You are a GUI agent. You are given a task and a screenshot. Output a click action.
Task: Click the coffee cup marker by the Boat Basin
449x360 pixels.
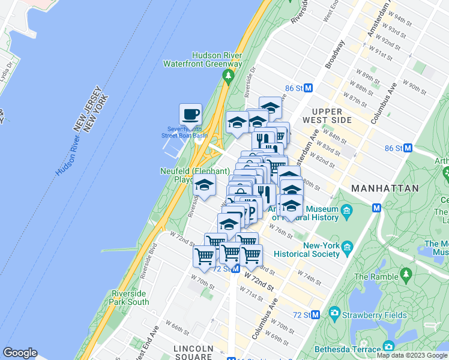[x=190, y=113]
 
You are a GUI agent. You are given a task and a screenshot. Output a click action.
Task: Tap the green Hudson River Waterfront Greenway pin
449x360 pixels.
[x=228, y=76]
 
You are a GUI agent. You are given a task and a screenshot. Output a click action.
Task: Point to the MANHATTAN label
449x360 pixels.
[x=385, y=188]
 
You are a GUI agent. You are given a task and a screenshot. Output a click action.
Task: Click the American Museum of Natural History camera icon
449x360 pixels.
[x=346, y=211]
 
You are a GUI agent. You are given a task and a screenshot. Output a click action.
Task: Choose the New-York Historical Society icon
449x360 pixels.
[x=346, y=247]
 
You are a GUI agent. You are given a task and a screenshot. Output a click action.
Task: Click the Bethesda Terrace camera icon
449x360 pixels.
[x=389, y=347]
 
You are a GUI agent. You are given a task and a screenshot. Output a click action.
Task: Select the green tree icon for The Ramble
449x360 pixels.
[x=406, y=276]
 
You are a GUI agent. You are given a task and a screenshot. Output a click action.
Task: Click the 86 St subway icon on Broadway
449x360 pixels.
[x=309, y=88]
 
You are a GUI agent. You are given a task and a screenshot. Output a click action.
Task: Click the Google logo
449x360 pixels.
[x=20, y=353]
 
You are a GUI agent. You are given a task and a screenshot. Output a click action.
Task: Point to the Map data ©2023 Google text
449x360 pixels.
[x=412, y=355]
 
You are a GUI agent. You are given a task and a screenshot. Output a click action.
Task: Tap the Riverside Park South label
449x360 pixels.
[x=130, y=298]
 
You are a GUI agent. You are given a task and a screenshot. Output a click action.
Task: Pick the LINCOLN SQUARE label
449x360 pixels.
[x=193, y=352]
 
